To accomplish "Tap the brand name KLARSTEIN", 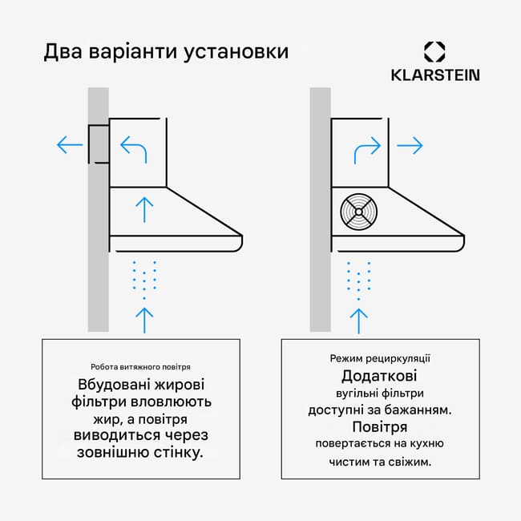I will (435, 75).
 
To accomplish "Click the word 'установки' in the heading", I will (236, 53).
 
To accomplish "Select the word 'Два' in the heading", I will (63, 53).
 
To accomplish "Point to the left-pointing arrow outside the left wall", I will (70, 146).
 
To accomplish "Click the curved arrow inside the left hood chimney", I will (134, 148).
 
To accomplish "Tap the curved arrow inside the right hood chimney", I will (367, 148).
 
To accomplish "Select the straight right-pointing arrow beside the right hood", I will (410, 146).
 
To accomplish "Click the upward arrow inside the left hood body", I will (144, 210).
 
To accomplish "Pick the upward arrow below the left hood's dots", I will (144, 319).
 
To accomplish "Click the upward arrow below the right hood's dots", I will (358, 319).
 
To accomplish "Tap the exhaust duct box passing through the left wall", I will (99, 144).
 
